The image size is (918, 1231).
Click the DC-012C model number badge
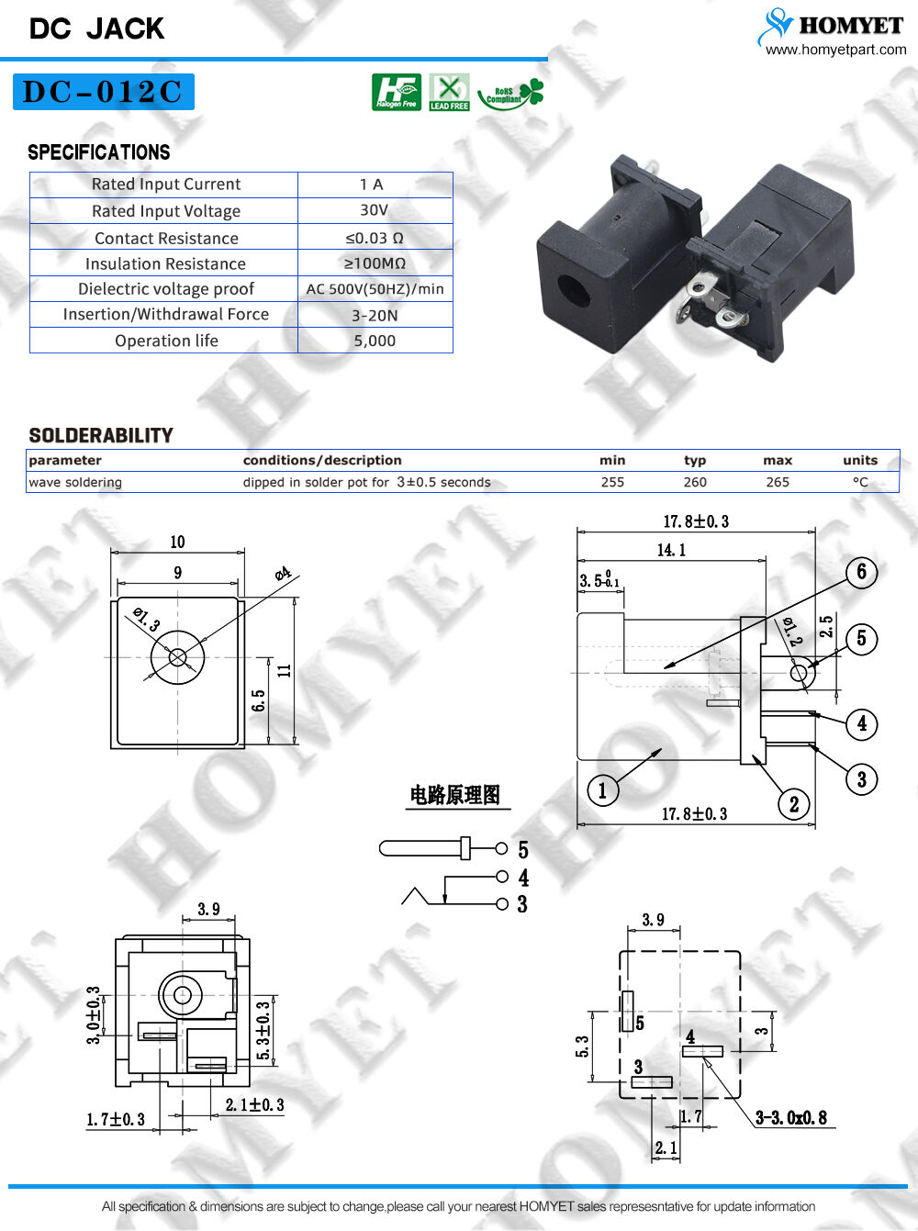[103, 92]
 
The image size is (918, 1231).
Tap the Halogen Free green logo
[396, 93]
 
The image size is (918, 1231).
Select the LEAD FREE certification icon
[449, 93]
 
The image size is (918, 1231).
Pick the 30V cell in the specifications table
[375, 210]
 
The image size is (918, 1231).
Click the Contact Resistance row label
[166, 238]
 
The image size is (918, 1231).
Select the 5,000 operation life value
[375, 341]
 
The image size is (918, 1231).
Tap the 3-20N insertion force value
[375, 315]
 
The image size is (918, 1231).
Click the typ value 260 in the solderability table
[695, 482]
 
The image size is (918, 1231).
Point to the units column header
[860, 460]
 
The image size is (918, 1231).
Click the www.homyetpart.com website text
[835, 50]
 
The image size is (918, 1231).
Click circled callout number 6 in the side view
[861, 572]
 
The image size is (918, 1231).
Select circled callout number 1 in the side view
[602, 790]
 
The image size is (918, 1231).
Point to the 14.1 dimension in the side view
[671, 550]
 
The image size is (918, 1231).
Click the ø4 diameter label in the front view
[283, 575]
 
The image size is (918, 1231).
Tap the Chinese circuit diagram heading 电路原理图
[455, 795]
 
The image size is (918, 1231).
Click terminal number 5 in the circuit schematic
[523, 850]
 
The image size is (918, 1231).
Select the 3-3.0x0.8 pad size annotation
[790, 1117]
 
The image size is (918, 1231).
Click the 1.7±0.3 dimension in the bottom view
[116, 1119]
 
